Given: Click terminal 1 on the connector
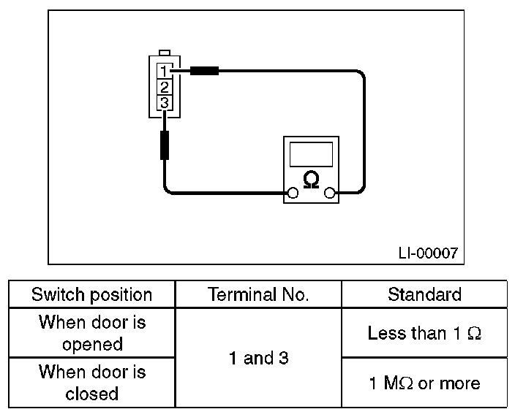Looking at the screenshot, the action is click(x=165, y=71).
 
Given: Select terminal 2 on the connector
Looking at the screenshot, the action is click(x=165, y=87).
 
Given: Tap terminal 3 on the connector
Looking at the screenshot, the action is click(x=165, y=103).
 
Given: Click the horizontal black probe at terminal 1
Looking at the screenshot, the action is click(x=204, y=71).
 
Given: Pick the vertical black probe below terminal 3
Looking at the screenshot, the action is click(x=165, y=145).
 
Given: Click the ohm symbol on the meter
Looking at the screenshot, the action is click(x=311, y=180).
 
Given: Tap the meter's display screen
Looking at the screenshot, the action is click(x=311, y=154).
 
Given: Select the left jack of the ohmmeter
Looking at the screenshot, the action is click(x=293, y=193).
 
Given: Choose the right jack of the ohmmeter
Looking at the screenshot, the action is click(x=329, y=193).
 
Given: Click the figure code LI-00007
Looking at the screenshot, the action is click(x=428, y=253).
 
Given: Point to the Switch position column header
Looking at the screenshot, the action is click(x=92, y=294).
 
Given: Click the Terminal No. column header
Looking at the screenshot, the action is click(x=258, y=294).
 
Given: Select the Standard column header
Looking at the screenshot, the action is click(x=424, y=294).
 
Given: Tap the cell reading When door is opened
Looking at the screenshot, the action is click(x=92, y=333).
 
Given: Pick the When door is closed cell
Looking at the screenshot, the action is click(x=92, y=383).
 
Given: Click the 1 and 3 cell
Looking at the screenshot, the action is click(x=258, y=358).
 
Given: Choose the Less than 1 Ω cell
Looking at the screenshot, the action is click(x=424, y=333).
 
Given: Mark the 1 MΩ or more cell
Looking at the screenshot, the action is click(x=424, y=383).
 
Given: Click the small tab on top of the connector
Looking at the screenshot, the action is click(x=165, y=53).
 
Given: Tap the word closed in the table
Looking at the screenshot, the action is click(x=92, y=394).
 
